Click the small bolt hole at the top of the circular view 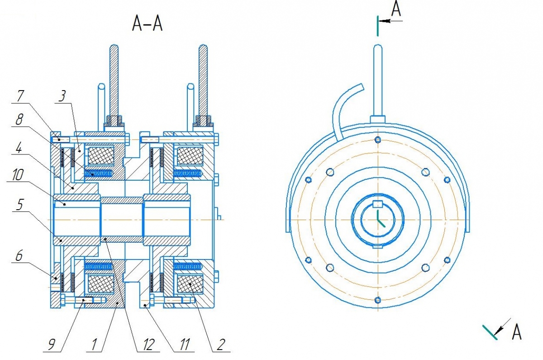pyautogui.click(x=377, y=139)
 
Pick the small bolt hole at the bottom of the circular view pyautogui.click(x=377, y=299)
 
